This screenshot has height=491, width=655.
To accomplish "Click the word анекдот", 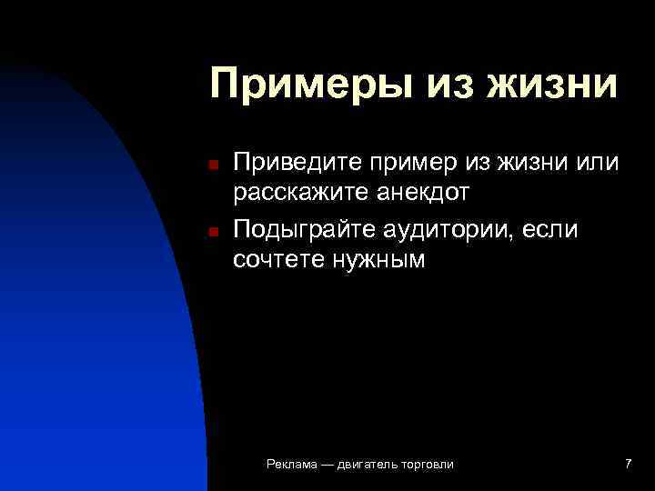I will coord(423,193).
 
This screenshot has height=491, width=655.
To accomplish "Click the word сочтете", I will coord(277,260).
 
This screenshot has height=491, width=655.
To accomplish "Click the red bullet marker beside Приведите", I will coord(210,165).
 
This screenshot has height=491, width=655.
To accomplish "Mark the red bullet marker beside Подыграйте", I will coord(210,232).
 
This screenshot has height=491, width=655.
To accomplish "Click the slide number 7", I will coord(628,465).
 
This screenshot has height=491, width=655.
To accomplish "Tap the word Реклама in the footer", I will coord(292,465).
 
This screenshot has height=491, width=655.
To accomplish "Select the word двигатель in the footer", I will coord(369,466).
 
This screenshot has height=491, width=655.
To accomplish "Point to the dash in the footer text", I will coord(327,465).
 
